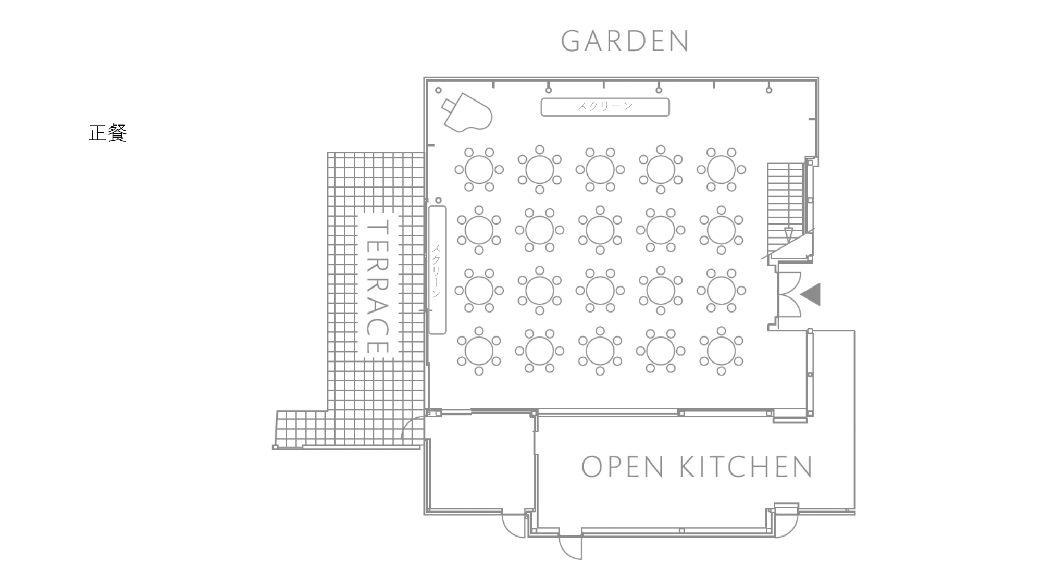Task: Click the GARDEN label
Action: (625, 41)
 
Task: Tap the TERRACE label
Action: (378, 287)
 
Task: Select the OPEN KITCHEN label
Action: (697, 467)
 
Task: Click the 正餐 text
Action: (108, 133)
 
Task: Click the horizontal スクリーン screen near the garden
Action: (605, 107)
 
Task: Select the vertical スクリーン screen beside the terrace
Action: (437, 270)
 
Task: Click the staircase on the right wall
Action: (785, 203)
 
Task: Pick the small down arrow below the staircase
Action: (788, 235)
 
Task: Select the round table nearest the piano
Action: (479, 169)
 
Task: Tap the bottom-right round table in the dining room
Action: (721, 351)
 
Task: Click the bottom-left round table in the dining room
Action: (479, 351)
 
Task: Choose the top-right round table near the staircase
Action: (721, 169)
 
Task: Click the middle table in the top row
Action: (600, 169)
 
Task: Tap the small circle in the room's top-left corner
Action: (438, 90)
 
